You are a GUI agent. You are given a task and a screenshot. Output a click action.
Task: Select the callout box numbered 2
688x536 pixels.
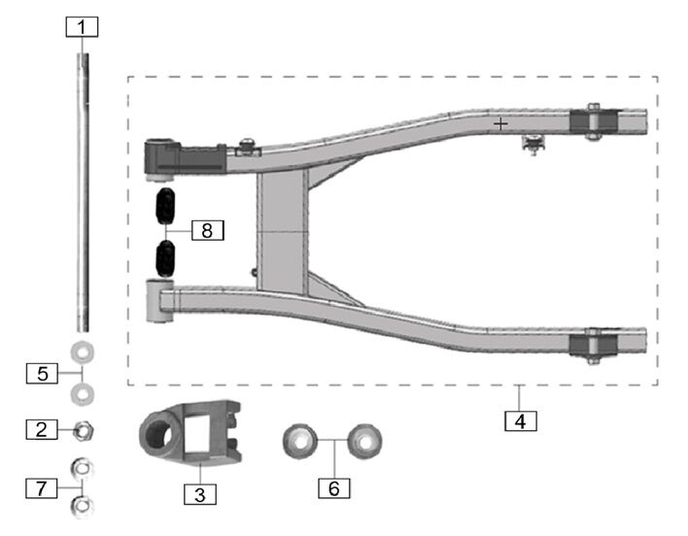point(40,427)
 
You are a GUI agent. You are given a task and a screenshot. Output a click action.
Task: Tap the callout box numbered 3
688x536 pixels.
point(200,493)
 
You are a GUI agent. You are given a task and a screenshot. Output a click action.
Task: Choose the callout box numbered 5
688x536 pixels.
point(40,371)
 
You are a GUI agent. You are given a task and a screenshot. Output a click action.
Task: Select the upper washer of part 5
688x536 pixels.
point(83,351)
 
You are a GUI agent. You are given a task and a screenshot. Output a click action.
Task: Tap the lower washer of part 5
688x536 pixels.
point(83,392)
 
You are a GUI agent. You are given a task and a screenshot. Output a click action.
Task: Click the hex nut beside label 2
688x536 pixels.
point(83,427)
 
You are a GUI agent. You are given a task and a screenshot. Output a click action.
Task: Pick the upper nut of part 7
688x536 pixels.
point(83,468)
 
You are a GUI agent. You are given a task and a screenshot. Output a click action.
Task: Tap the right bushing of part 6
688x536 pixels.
point(365,441)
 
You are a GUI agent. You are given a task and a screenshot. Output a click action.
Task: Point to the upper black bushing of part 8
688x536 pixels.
point(165,208)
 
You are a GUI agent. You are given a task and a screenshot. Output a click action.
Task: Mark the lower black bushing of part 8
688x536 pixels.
point(165,258)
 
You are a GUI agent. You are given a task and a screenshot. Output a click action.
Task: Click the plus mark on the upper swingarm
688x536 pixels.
point(500,124)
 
